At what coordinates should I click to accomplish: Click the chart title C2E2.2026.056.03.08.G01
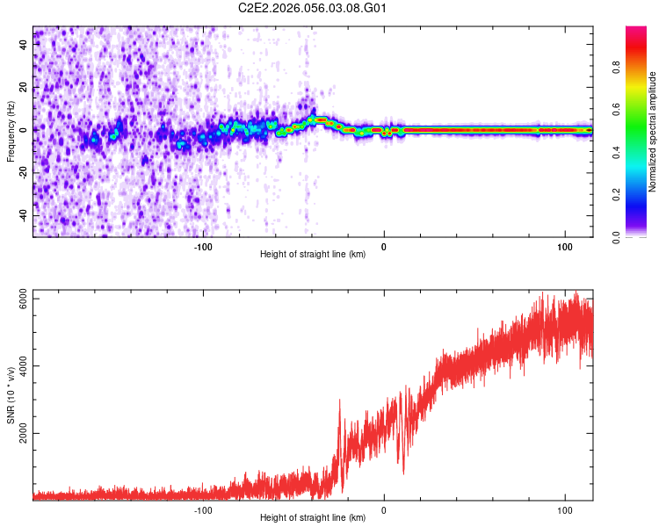[313, 8]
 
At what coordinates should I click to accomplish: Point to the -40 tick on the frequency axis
[24, 216]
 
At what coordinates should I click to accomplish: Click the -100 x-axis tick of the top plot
[203, 245]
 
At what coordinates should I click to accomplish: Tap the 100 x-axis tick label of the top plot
[563, 245]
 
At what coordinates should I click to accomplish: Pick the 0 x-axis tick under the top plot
[384, 245]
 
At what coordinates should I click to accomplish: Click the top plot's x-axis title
[313, 255]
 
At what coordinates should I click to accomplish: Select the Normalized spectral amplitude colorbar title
[652, 132]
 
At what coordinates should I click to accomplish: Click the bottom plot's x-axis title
[313, 518]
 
